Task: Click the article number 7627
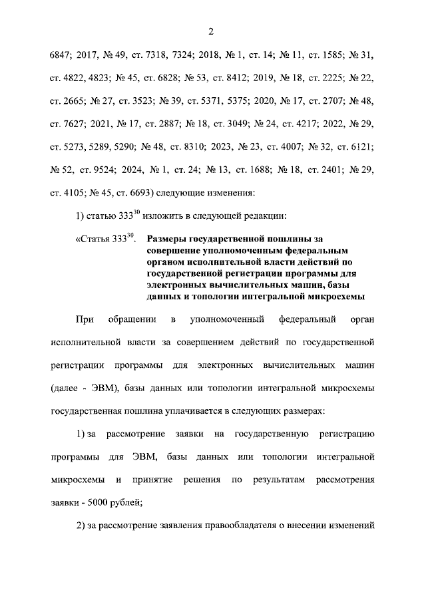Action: pyautogui.click(x=71, y=124)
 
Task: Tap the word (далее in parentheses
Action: pyautogui.click(x=65, y=388)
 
